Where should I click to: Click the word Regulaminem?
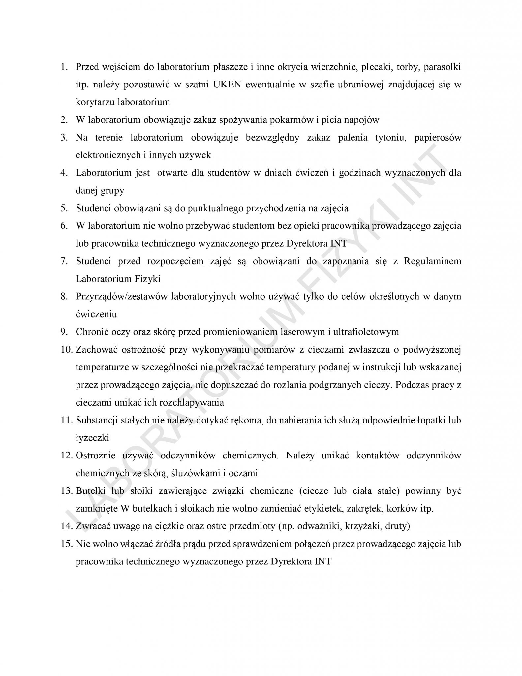433,261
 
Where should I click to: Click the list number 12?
66,456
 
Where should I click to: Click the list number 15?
66,544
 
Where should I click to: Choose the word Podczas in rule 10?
411,385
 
